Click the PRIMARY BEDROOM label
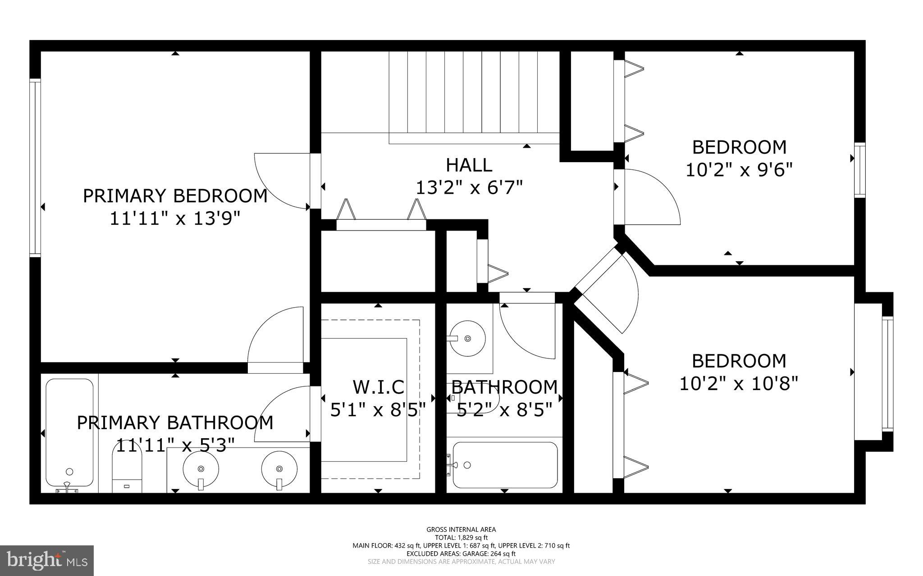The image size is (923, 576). click(175, 196)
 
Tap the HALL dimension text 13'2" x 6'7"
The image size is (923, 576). click(469, 188)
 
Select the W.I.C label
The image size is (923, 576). click(378, 387)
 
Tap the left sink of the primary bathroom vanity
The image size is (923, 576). click(201, 468)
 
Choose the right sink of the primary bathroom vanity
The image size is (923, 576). click(279, 468)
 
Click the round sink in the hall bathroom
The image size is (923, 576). click(468, 338)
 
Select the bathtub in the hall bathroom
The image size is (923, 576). click(505, 465)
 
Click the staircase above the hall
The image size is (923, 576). click(473, 97)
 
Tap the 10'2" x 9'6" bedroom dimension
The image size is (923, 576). click(739, 170)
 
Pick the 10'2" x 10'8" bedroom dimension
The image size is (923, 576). click(739, 384)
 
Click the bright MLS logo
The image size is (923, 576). click(47, 560)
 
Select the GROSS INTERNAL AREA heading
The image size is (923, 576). click(461, 530)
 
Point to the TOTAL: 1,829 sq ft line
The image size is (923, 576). click(461, 537)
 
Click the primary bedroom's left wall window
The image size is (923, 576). click(35, 168)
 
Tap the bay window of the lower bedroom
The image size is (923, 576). click(887, 373)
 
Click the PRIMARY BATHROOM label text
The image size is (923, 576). click(175, 423)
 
